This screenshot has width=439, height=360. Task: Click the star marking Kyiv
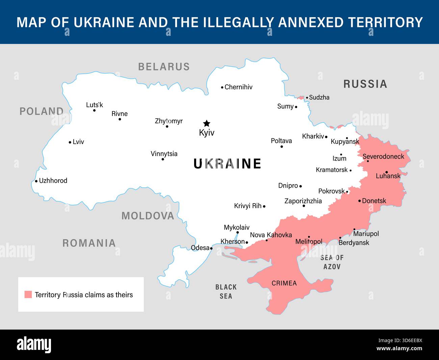pyautogui.click(x=206, y=123)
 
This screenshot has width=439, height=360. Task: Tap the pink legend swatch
pyautogui.click(x=28, y=294)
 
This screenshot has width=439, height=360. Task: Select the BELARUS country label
pyautogui.click(x=164, y=67)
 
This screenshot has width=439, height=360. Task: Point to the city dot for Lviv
pyautogui.click(x=70, y=142)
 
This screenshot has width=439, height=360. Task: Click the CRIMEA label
pyautogui.click(x=284, y=283)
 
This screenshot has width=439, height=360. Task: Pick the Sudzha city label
pyautogui.click(x=319, y=97)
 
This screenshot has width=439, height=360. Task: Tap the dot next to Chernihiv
pyautogui.click(x=222, y=87)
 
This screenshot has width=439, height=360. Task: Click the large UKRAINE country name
pyautogui.click(x=227, y=164)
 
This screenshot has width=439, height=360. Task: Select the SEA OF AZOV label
pyautogui.click(x=332, y=262)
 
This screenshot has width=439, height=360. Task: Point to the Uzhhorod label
pyautogui.click(x=53, y=181)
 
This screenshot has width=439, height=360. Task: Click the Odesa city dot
pyautogui.click(x=211, y=248)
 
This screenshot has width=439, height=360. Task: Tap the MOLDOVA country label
pyautogui.click(x=148, y=216)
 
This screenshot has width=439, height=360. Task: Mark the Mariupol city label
pyautogui.click(x=366, y=234)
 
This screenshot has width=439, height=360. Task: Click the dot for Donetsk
pyautogui.click(x=359, y=201)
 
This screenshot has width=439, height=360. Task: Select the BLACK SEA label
pyautogui.click(x=226, y=291)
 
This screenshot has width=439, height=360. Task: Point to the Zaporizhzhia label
pyautogui.click(x=303, y=201)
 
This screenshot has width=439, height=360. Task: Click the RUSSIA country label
pyautogui.click(x=365, y=84)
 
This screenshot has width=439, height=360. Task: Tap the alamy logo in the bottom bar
pyautogui.click(x=34, y=345)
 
